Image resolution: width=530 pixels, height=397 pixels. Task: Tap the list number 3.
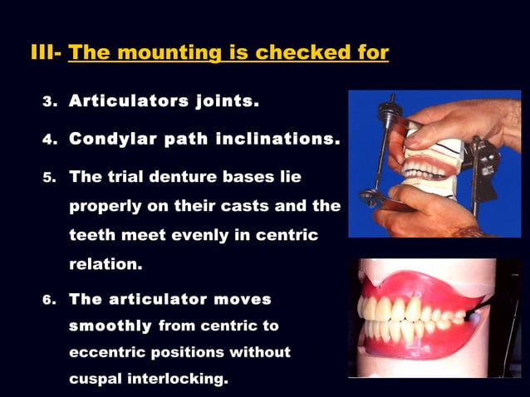pyautogui.click(x=48, y=104)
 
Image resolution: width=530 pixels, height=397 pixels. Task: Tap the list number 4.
pyautogui.click(x=48, y=141)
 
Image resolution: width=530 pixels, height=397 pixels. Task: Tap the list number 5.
pyautogui.click(x=48, y=178)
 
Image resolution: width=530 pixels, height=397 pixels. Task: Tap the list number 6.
pyautogui.click(x=48, y=300)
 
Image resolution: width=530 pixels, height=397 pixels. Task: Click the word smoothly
pyautogui.click(x=110, y=326)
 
